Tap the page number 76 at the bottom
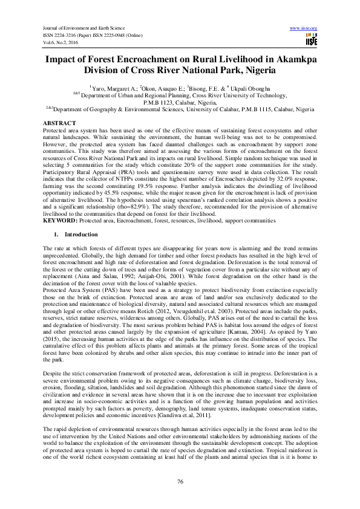point(180,481)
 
